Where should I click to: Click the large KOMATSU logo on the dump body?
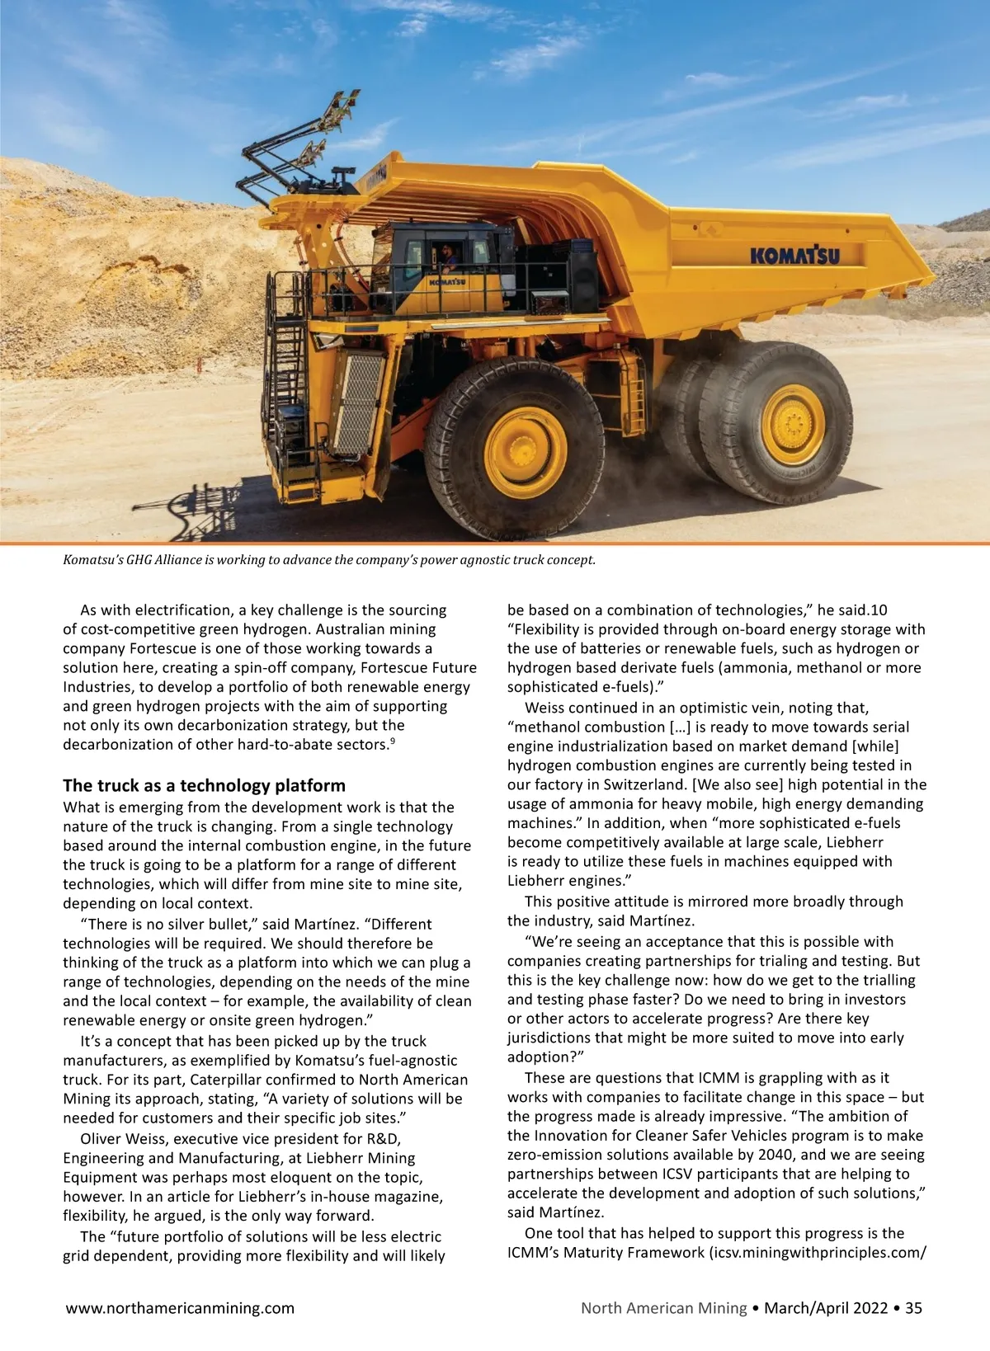click(794, 254)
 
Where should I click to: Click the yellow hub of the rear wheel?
click(792, 426)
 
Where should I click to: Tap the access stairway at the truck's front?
click(289, 379)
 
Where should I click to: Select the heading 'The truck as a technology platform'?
click(204, 785)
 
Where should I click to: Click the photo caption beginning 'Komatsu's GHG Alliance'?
click(328, 560)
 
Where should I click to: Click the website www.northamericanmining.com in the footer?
click(180, 1307)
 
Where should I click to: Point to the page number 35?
click(913, 1307)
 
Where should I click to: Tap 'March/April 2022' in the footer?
click(826, 1307)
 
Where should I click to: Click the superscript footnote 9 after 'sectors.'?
click(393, 741)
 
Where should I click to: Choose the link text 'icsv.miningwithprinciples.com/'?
click(818, 1253)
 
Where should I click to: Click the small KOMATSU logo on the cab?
click(446, 282)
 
